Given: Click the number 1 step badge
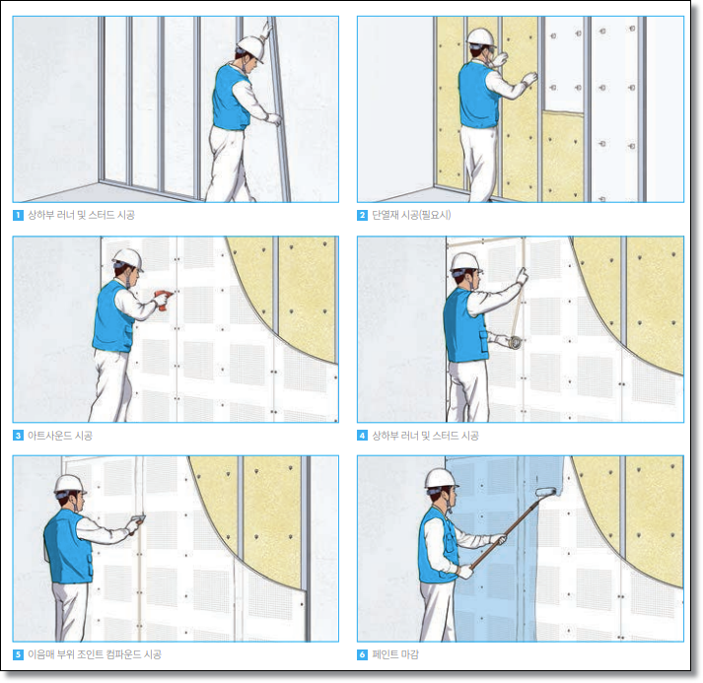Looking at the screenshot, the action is (x=18, y=215).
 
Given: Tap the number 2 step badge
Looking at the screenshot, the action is (x=362, y=215).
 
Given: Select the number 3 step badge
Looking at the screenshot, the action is (x=18, y=436).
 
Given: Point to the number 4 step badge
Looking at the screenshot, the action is (x=362, y=436).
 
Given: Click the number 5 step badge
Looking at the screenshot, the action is (x=18, y=654).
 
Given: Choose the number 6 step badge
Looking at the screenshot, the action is (x=362, y=654).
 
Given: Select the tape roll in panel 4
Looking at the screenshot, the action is (x=515, y=342).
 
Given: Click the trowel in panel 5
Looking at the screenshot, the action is (x=138, y=521).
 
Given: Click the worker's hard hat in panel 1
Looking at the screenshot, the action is (x=251, y=47).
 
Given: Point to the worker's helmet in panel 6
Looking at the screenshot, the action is (x=441, y=479).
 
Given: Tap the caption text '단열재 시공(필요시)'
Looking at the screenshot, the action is (x=411, y=215).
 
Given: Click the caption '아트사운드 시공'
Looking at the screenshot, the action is (x=60, y=436).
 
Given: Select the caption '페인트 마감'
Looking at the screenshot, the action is (x=395, y=654).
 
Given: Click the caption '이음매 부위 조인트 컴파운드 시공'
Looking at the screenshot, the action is (x=95, y=654).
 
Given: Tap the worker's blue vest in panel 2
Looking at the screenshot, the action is (x=477, y=95).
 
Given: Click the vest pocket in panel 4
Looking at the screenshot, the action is (x=483, y=341).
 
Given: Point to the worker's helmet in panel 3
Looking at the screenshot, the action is (x=128, y=259).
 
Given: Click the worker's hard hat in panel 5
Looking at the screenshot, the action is (x=70, y=485).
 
